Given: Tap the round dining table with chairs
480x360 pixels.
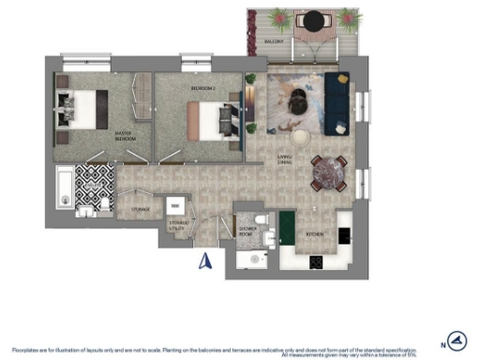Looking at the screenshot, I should click(x=329, y=171).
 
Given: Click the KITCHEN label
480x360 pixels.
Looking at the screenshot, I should click(x=314, y=235).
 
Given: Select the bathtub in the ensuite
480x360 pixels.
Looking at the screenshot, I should click(x=63, y=187).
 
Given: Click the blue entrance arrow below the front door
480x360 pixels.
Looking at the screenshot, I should click(x=206, y=261).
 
